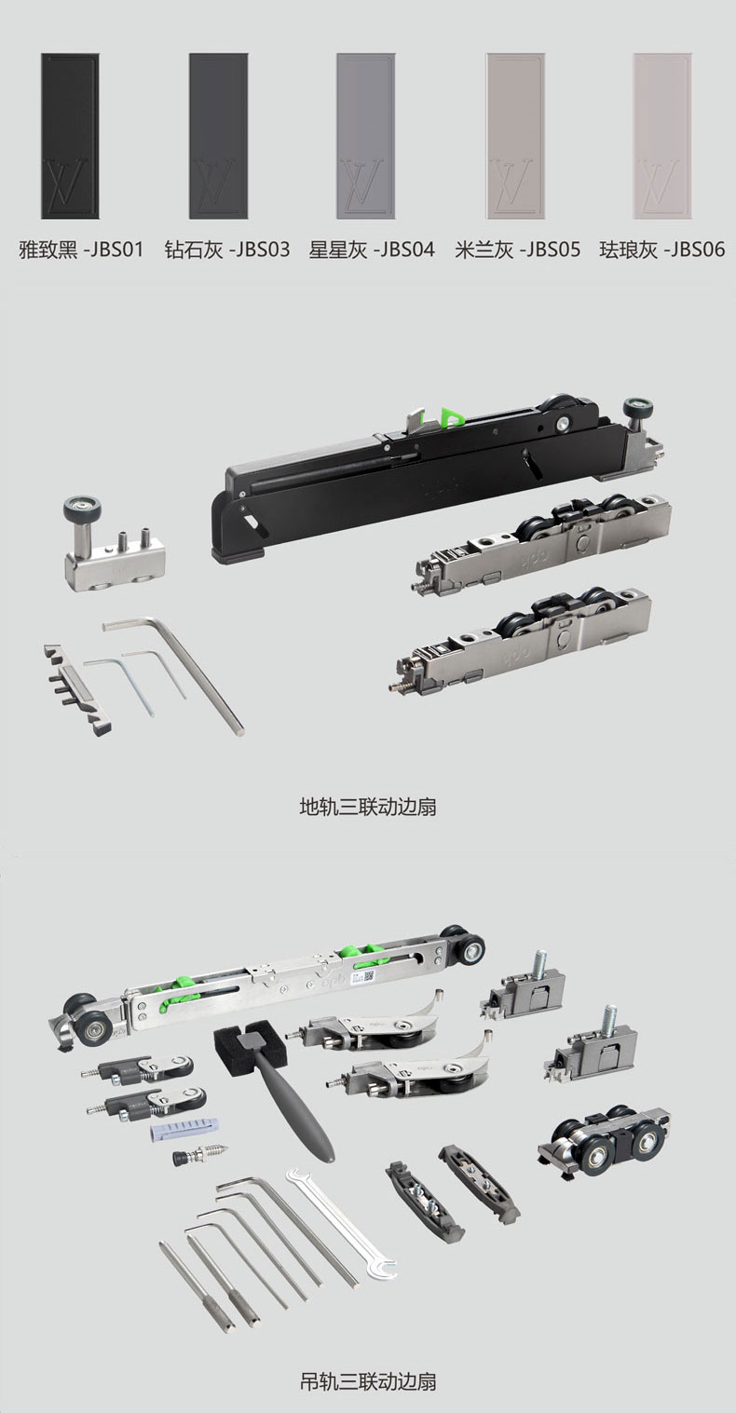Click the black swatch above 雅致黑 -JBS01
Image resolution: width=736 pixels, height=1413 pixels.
(x=70, y=136)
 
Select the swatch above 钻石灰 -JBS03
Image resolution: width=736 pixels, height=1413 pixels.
(x=218, y=136)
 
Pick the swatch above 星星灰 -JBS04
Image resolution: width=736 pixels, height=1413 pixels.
(x=366, y=136)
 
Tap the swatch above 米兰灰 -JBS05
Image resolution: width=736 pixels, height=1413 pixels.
(x=515, y=136)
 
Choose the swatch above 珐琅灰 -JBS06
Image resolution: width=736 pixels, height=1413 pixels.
(x=662, y=136)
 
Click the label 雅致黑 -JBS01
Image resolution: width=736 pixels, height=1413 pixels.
(x=81, y=250)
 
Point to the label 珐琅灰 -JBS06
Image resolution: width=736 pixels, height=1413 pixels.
(x=662, y=250)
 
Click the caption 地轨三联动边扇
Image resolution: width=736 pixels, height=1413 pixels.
(x=368, y=807)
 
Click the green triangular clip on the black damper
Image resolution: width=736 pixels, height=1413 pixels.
(x=452, y=414)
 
